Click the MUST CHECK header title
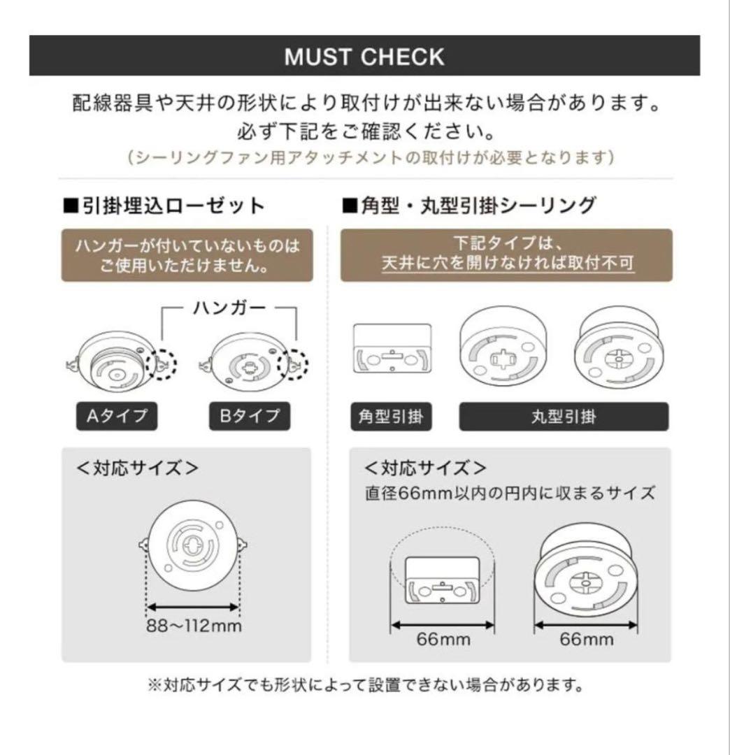click(x=364, y=57)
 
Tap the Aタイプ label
click(x=117, y=417)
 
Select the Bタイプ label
click(x=250, y=417)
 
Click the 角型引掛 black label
click(x=390, y=417)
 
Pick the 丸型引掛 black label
click(x=563, y=417)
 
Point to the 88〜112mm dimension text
click(x=194, y=625)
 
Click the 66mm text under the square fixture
click(x=443, y=639)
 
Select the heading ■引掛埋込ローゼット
click(x=164, y=206)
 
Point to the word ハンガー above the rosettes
click(x=229, y=307)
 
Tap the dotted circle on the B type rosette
click(x=294, y=363)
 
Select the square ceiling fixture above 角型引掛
click(x=392, y=357)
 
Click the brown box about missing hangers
click(x=187, y=255)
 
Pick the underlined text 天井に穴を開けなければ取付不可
click(x=508, y=265)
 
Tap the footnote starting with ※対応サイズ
click(x=364, y=684)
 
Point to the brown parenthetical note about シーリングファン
click(x=370, y=157)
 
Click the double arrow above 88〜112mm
click(x=194, y=607)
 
